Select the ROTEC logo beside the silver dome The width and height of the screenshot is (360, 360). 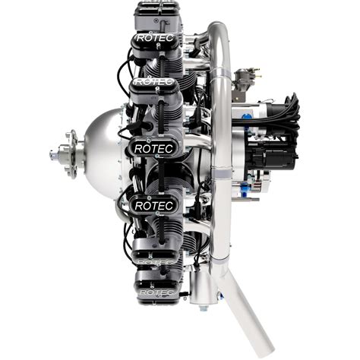(154, 148)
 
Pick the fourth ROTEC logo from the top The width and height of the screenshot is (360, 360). (154, 206)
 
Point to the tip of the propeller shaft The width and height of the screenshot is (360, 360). (52, 155)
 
